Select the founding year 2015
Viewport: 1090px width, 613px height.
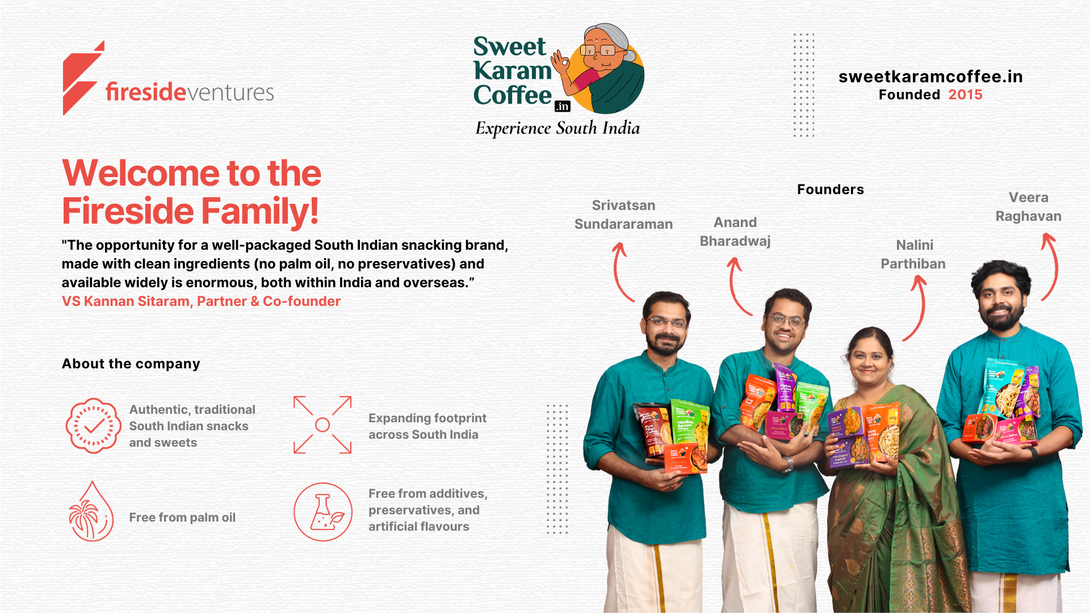click(965, 95)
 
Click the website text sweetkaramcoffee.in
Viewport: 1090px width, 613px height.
click(930, 77)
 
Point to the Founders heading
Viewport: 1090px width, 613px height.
click(830, 190)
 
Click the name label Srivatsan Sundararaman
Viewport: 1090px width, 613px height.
click(623, 215)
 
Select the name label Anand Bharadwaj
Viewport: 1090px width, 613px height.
click(735, 232)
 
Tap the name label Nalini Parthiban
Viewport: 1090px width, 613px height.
click(913, 254)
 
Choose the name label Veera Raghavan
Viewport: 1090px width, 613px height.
click(1028, 207)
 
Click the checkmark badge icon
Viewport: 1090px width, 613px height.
click(93, 426)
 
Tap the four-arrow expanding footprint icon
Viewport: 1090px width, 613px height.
click(322, 425)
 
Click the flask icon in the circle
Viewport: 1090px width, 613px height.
click(323, 512)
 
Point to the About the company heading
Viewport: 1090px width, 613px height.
click(131, 364)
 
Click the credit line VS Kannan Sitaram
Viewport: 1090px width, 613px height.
click(201, 301)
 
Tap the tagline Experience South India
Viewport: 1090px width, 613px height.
click(557, 128)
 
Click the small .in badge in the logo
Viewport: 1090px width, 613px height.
click(562, 106)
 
